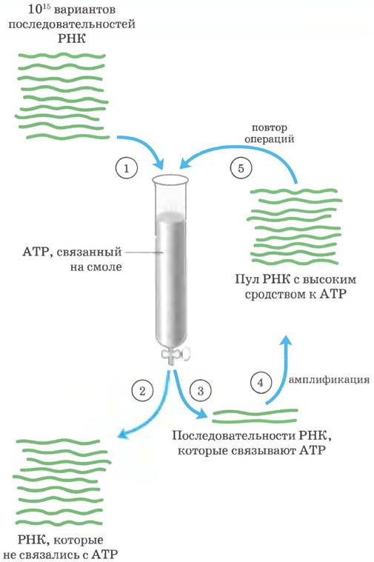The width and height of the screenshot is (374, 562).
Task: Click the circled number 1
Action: (x=126, y=168)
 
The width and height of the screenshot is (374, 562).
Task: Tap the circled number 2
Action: (x=142, y=391)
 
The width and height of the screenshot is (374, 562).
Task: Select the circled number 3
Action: (x=200, y=391)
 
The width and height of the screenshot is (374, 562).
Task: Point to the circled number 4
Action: (x=261, y=382)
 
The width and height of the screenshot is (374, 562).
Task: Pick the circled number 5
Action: (x=241, y=168)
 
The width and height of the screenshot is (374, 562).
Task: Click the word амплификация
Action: (x=329, y=380)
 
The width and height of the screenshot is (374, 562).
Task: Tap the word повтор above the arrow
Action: (x=270, y=127)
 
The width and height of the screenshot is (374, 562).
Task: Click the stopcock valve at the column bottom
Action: (x=176, y=355)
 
